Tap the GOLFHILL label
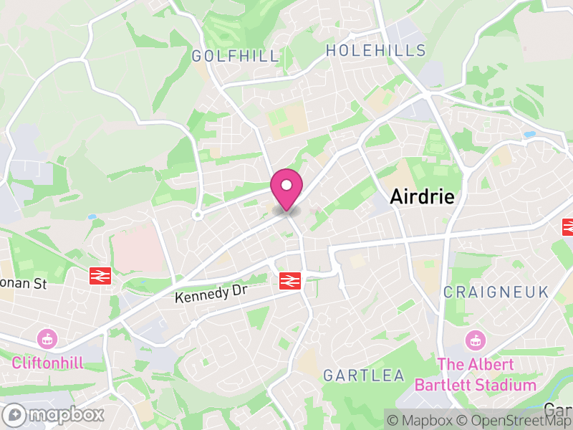[x=235, y=56]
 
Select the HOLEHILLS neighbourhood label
[x=375, y=51]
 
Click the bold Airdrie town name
[x=422, y=197]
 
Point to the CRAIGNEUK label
[x=496, y=292]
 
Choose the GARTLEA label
[x=364, y=376]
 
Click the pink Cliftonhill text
[x=47, y=362]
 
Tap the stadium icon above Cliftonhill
[x=47, y=338]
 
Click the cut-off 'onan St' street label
[x=23, y=284]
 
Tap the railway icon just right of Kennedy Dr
[x=289, y=281]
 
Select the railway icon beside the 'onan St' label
[x=99, y=275]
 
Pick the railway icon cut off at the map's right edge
[x=568, y=226]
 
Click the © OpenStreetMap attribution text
[x=513, y=420]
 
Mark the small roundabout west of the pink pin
[x=198, y=214]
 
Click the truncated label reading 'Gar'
[x=558, y=409]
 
